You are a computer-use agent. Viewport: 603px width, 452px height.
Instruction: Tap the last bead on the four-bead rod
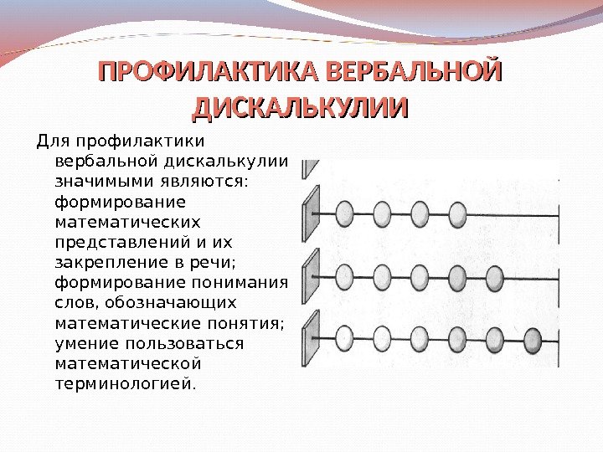coord(457,214)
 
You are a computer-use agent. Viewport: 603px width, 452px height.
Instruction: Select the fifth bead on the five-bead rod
coord(495,275)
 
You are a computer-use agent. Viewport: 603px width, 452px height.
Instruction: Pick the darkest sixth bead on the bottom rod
coord(533,339)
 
